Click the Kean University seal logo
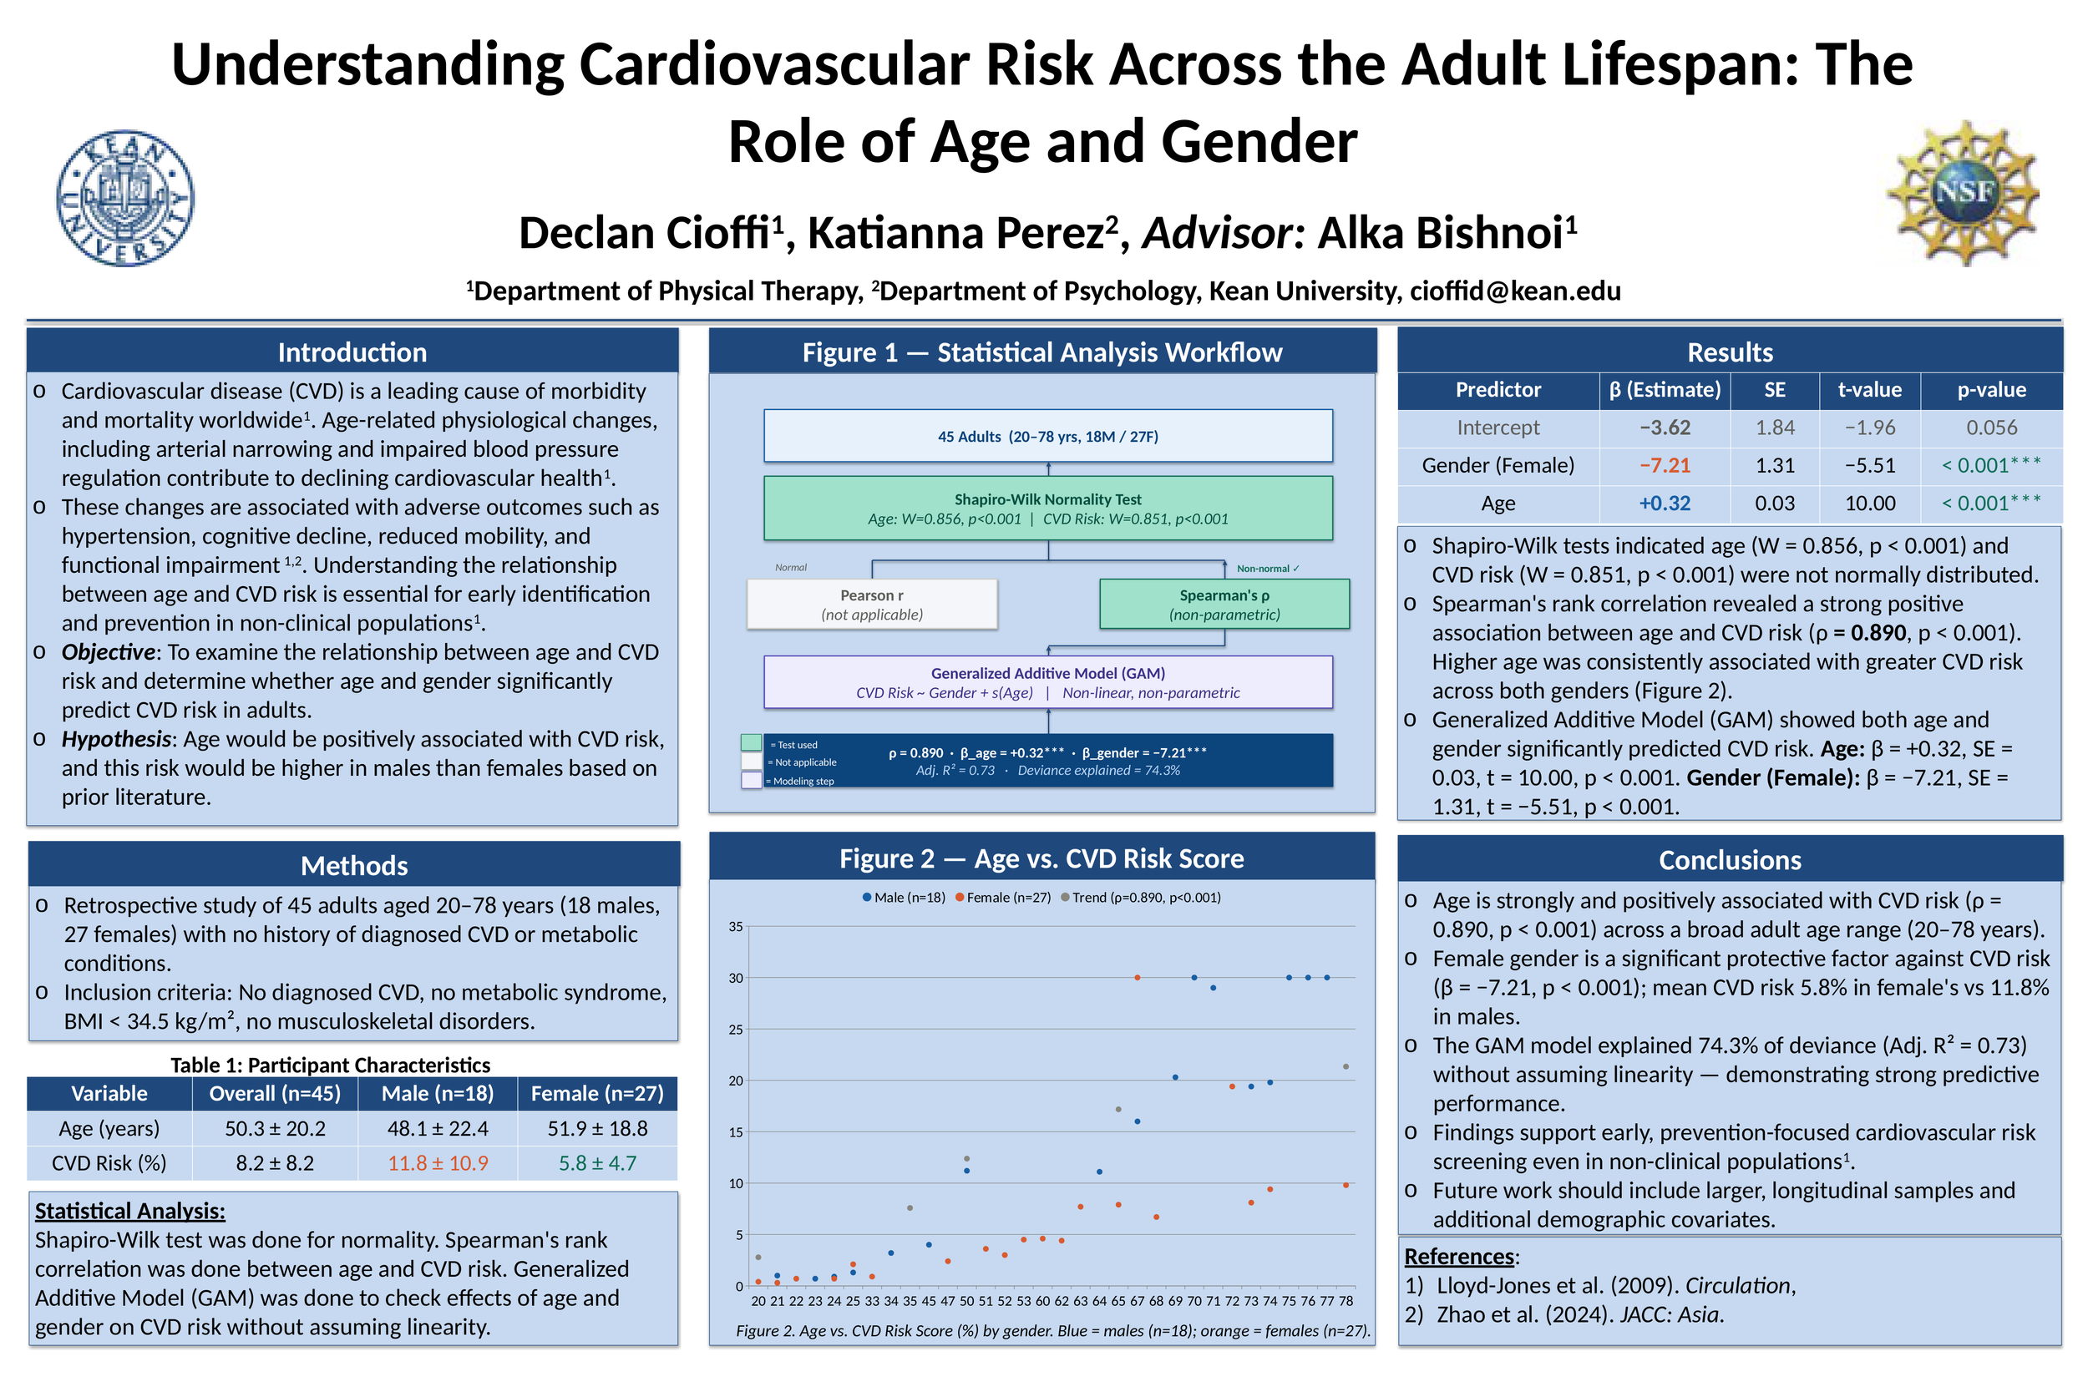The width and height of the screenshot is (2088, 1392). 125,198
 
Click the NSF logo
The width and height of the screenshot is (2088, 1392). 1963,193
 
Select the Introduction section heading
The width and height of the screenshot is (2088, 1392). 352,352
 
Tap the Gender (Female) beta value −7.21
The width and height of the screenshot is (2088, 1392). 1665,465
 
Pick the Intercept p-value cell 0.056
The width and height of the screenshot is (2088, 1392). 1991,427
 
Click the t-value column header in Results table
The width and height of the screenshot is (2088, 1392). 1870,390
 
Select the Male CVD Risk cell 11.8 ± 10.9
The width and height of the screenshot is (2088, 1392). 438,1163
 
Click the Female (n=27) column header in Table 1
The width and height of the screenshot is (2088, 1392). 596,1094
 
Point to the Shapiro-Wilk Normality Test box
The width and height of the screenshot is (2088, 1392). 1047,509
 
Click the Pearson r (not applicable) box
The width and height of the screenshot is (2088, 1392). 872,605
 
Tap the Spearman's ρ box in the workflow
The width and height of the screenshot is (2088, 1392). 1224,605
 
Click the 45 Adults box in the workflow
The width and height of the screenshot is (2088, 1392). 1047,436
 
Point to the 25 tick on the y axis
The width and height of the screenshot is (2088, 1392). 736,1030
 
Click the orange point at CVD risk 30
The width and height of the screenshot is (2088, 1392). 1138,978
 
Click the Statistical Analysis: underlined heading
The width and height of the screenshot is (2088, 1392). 129,1211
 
